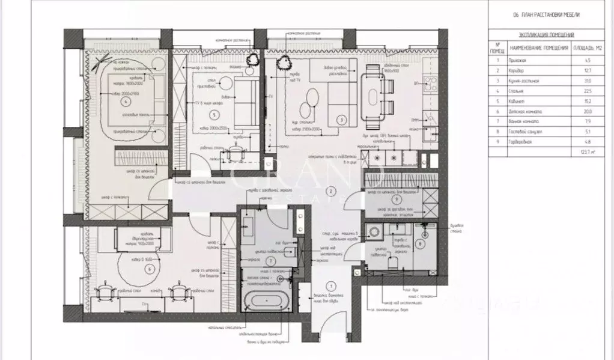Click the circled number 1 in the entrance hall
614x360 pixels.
[329, 287]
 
